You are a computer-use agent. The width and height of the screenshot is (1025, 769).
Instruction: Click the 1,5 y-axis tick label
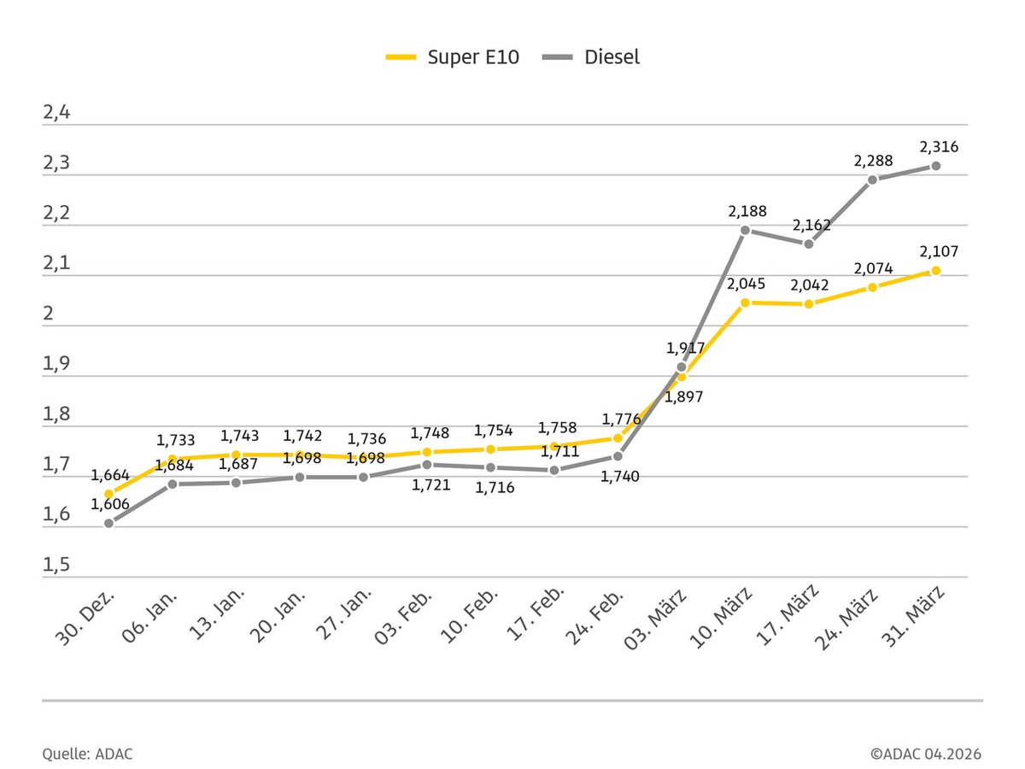click(x=56, y=566)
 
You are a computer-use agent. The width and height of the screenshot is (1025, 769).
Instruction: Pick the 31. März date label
click(x=920, y=616)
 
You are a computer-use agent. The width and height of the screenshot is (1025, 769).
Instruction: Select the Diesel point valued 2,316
click(x=935, y=166)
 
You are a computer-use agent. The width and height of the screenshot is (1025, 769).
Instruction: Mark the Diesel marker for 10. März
click(x=745, y=230)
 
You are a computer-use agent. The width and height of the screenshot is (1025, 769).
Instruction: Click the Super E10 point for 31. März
click(x=935, y=270)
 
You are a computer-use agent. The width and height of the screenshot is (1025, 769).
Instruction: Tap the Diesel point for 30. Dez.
click(x=108, y=523)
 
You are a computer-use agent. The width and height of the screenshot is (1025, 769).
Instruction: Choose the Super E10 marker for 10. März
click(x=745, y=302)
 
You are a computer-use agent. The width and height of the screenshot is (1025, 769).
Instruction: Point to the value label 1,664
click(x=110, y=475)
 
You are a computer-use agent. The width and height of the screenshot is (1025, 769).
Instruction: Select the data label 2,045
click(x=746, y=283)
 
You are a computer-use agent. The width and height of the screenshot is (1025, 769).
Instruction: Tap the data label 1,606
click(x=110, y=504)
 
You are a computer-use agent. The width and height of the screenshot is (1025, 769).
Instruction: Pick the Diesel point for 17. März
click(x=808, y=244)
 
